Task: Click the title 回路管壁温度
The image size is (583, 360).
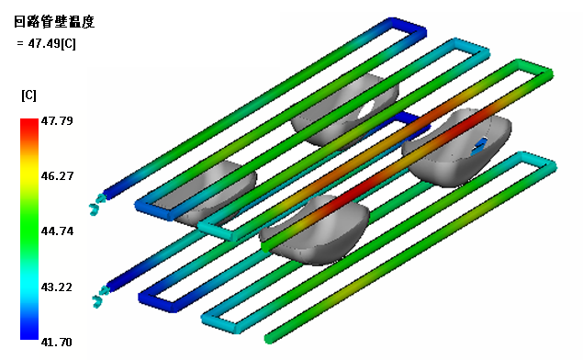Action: [x=54, y=22]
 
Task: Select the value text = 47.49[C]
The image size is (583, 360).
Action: [x=46, y=43]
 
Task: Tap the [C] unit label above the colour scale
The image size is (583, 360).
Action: [x=28, y=96]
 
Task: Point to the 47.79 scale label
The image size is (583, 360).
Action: [x=57, y=120]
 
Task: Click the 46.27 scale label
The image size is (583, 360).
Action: [x=57, y=175]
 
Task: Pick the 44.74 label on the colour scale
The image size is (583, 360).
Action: [x=57, y=231]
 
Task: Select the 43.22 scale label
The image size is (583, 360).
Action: [x=57, y=287]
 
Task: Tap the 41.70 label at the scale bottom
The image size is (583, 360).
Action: [x=57, y=342]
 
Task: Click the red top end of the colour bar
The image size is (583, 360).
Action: [x=29, y=122]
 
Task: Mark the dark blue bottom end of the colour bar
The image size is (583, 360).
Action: [x=29, y=334]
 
